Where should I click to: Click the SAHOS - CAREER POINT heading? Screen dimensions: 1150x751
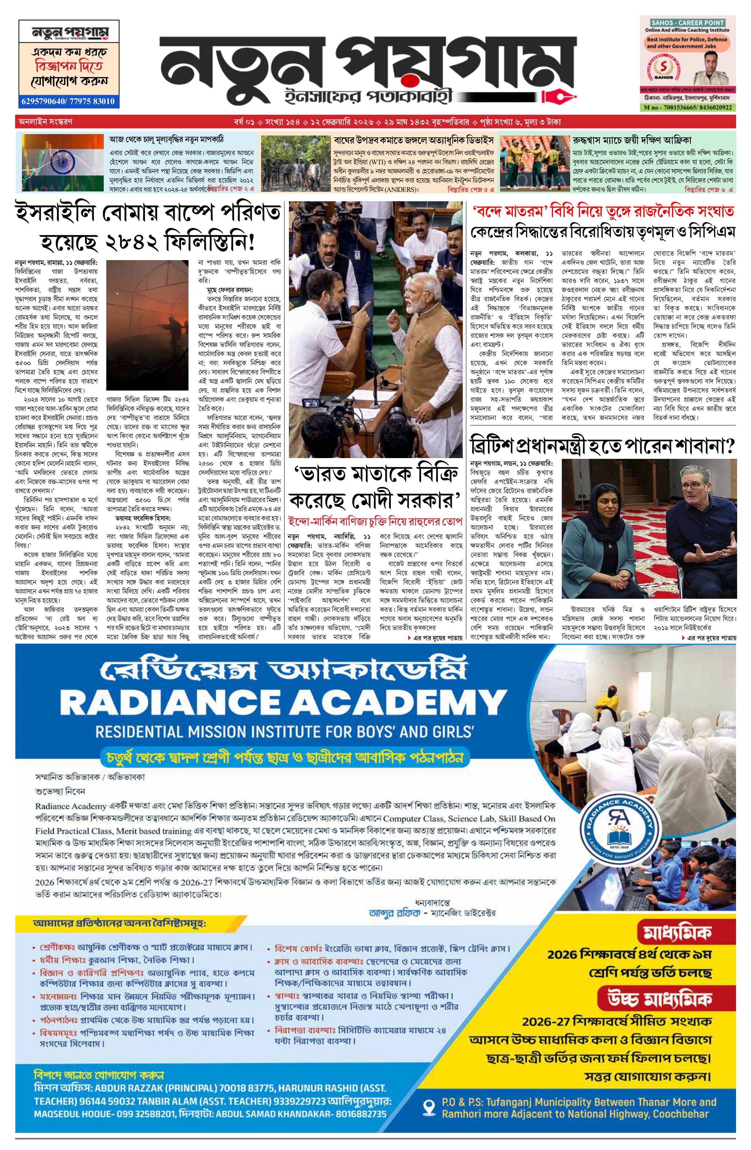687,23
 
